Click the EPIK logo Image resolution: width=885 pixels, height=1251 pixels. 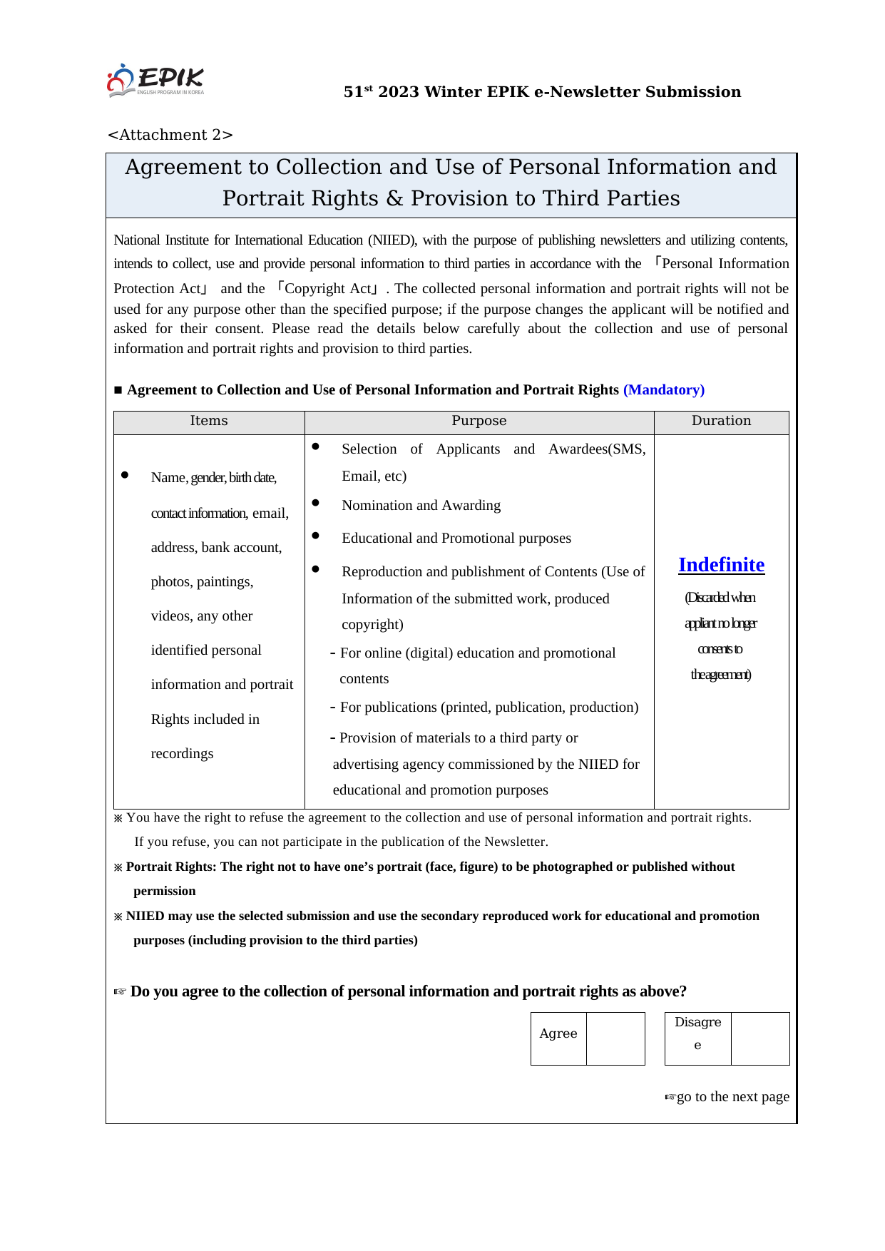pos(155,81)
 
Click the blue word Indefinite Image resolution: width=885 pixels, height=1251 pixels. pos(721,565)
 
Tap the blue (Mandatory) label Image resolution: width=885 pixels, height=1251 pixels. pos(663,390)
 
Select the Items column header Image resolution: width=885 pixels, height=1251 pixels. pos(209,421)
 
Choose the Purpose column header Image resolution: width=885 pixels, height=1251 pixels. pos(479,421)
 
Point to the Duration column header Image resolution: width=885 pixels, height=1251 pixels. pos(721,421)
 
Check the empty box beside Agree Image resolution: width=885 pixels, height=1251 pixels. pos(615,1038)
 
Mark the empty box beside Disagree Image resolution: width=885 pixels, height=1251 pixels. pos(760,1038)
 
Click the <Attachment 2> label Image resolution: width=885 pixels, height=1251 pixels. pos(170,135)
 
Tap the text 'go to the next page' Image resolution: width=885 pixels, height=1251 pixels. pos(732,1097)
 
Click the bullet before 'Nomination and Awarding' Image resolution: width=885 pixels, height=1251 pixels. pos(316,504)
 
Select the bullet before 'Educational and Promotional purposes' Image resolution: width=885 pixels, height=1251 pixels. pos(316,536)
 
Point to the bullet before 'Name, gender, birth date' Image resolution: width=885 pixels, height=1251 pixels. pos(125,475)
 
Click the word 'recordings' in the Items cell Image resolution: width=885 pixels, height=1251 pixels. pos(182,754)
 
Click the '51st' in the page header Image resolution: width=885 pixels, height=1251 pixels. pos(358,92)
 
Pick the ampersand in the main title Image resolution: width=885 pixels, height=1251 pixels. pos(394,198)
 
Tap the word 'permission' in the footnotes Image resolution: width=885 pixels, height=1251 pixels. pos(164,891)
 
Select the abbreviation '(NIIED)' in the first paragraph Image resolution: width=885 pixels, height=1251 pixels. pos(392,240)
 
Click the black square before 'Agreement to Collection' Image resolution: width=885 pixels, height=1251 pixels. pos(118,390)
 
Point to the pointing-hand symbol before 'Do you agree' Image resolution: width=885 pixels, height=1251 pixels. pos(120,992)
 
